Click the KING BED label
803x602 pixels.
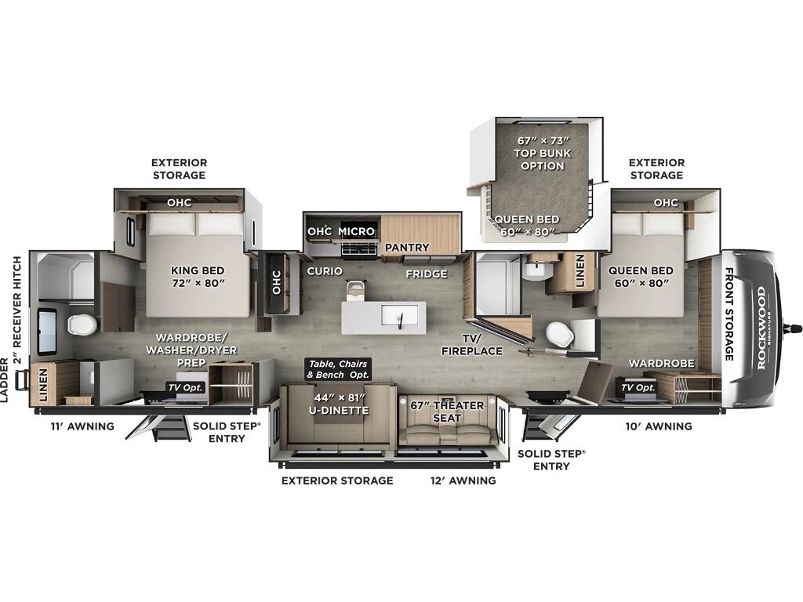pos(198,277)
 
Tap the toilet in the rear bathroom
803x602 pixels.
pos(82,325)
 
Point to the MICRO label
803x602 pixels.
pos(357,231)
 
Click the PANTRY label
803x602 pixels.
pos(407,247)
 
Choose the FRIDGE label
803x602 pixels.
pos(427,274)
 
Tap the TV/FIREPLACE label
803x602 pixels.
pos(471,345)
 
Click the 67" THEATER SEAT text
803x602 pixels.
pos(447,412)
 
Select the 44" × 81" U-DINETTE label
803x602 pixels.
pos(339,404)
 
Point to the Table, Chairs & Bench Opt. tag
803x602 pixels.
pos(337,369)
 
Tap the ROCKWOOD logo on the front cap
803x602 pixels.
pos(761,328)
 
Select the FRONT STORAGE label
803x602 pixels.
pos(729,314)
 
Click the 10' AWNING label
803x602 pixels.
pos(659,426)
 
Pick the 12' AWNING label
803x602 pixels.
pos(463,481)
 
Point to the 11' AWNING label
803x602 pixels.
pos(82,426)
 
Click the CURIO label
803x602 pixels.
pos(325,270)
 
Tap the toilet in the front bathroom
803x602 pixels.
pos(560,334)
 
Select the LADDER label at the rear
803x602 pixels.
pos(5,380)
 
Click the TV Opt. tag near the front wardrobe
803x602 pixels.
pos(638,387)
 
